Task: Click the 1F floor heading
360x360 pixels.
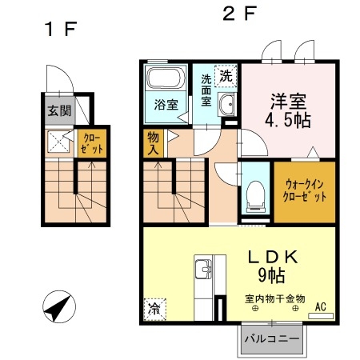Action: pyautogui.click(x=60, y=30)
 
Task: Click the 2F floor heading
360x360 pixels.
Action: pyautogui.click(x=238, y=14)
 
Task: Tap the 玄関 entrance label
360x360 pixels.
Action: pyautogui.click(x=58, y=110)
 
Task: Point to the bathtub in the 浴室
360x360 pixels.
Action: pyautogui.click(x=166, y=81)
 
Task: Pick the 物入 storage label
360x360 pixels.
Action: pyautogui.click(x=153, y=143)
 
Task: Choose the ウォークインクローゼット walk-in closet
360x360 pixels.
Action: pyautogui.click(x=305, y=192)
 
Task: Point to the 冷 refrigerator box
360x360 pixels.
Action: pyautogui.click(x=153, y=306)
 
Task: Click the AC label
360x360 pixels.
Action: pyautogui.click(x=320, y=306)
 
